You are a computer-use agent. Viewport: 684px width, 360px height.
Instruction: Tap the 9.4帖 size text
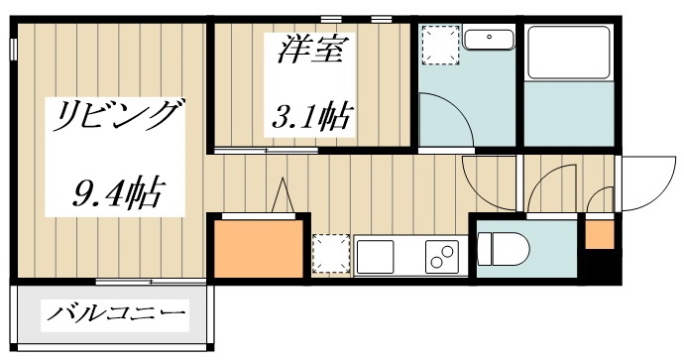117,189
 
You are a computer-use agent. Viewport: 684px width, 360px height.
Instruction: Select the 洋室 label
308,51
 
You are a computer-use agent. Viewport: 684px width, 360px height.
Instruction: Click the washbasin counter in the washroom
489,40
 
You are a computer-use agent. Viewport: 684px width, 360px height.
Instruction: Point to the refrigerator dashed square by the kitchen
330,253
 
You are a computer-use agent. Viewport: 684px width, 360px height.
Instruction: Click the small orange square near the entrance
599,234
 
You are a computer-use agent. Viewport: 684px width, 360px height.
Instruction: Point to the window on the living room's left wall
14,47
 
